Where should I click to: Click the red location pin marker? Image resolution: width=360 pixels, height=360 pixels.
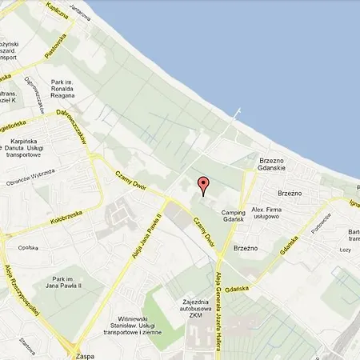click(x=202, y=185)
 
